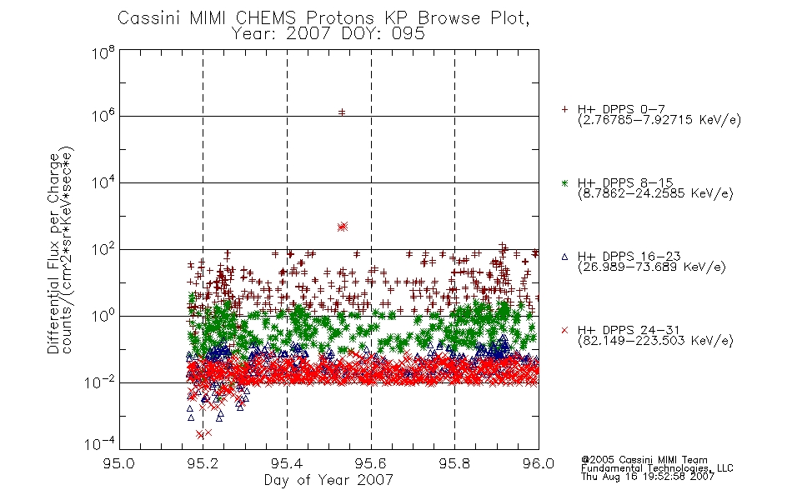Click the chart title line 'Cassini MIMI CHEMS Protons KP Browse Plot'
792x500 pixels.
(x=323, y=18)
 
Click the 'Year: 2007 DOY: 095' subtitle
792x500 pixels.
(x=328, y=34)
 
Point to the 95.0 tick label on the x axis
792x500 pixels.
(x=119, y=463)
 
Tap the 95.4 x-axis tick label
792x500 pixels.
(x=287, y=463)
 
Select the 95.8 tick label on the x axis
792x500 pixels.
(x=454, y=463)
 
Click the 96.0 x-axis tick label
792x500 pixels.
(x=539, y=463)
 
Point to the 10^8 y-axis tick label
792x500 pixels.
(x=103, y=52)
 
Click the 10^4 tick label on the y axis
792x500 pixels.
(x=103, y=182)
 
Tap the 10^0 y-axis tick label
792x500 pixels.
(x=103, y=315)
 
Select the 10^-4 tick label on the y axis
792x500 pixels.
(x=100, y=443)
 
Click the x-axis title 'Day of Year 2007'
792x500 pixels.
(x=328, y=480)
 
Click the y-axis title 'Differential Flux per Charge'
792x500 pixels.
(x=53, y=254)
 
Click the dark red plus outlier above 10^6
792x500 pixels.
(x=342, y=112)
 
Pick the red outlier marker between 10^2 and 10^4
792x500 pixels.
(x=343, y=227)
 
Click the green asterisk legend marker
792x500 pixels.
(x=564, y=183)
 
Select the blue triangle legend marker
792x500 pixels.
(x=564, y=257)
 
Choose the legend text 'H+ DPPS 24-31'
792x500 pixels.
(x=629, y=330)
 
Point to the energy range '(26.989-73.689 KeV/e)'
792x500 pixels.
(x=652, y=267)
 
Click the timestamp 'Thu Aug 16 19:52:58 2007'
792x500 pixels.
(x=648, y=477)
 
